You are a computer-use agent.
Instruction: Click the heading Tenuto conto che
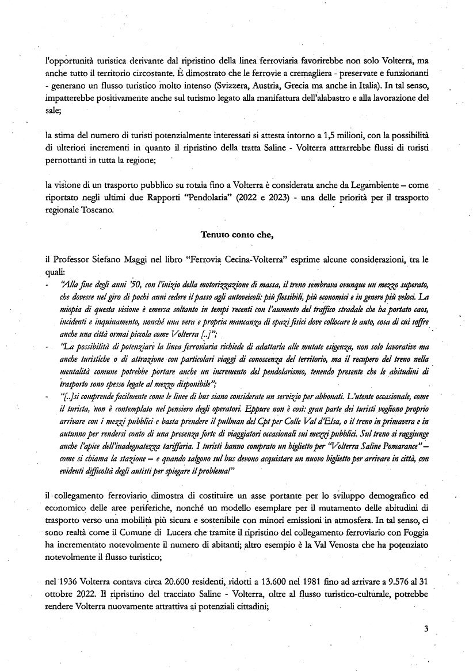pyautogui.click(x=236, y=234)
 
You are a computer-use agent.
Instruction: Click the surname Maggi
pyautogui.click(x=120, y=259)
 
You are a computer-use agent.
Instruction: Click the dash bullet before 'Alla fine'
pyautogui.click(x=47, y=284)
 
